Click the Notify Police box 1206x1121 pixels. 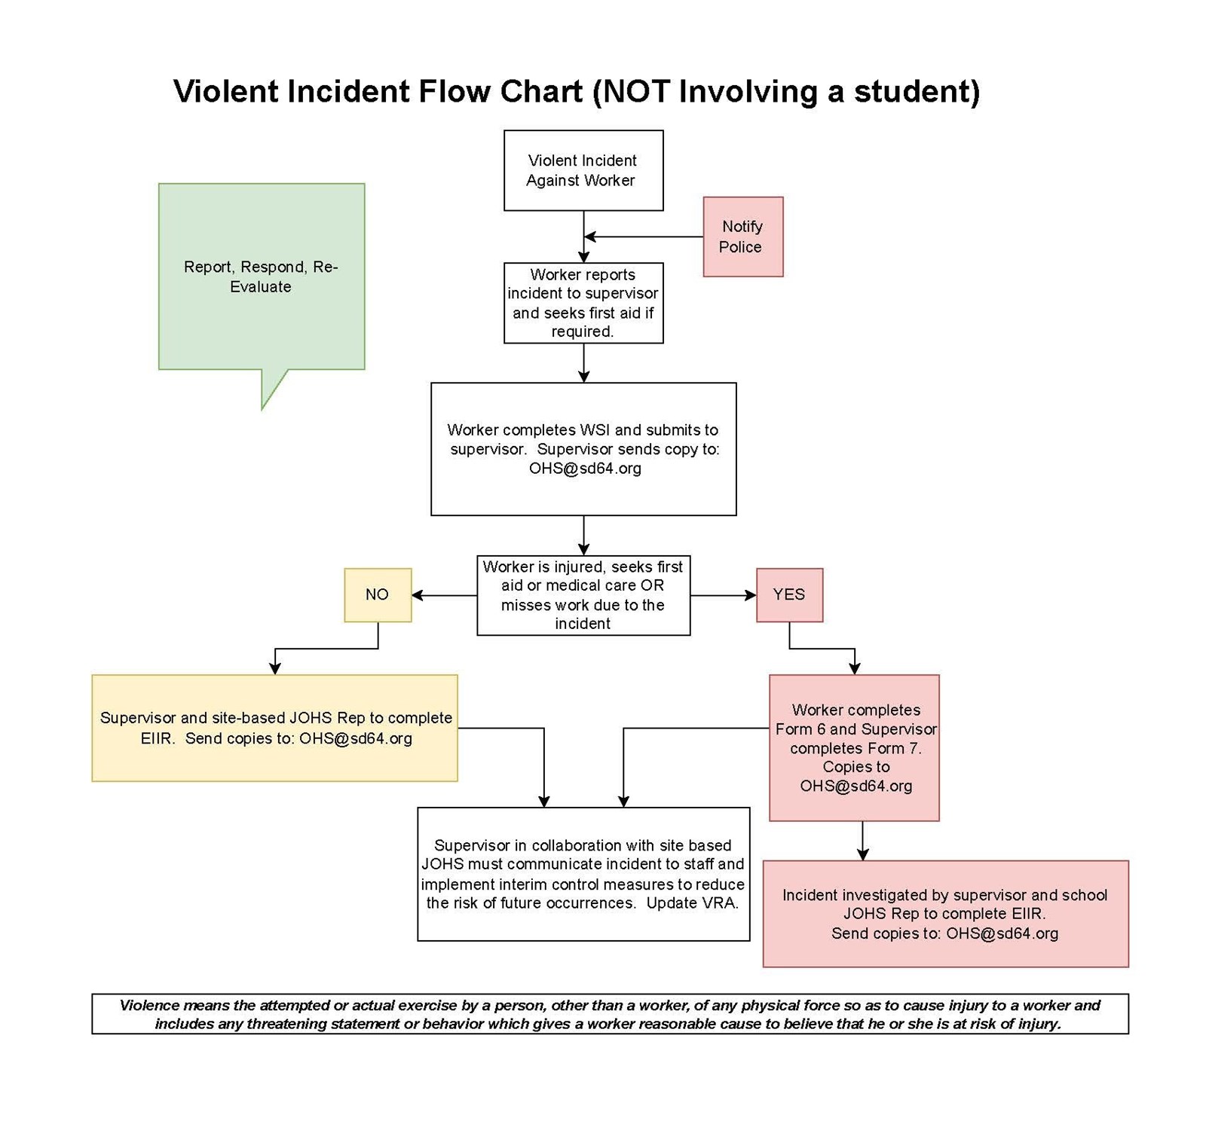(742, 237)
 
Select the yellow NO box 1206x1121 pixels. (378, 594)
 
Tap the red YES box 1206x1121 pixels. (789, 594)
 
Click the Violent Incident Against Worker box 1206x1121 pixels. (583, 170)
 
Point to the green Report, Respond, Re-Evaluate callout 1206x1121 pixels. (261, 276)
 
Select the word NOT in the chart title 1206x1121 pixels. (636, 91)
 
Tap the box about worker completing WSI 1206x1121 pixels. (583, 448)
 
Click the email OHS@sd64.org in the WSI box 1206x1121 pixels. (585, 469)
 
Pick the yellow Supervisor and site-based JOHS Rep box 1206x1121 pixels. (274, 728)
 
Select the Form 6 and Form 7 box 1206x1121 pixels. (854, 747)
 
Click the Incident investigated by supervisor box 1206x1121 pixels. (945, 913)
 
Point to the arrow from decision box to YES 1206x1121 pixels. (723, 595)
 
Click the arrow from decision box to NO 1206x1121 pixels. (445, 595)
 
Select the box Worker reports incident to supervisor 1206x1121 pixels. (583, 303)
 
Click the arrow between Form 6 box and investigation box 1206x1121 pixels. (862, 840)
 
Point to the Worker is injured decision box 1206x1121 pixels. (583, 594)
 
